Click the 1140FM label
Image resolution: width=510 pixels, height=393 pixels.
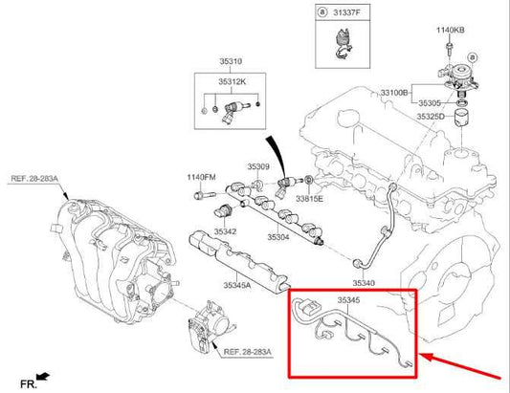[203, 177]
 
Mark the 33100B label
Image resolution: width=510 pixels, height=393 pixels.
[395, 93]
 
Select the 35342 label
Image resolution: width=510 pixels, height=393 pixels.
[224, 231]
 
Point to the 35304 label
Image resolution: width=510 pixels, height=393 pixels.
[277, 236]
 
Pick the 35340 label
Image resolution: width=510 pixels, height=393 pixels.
[364, 283]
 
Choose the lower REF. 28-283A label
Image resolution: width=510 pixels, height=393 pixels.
[247, 352]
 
